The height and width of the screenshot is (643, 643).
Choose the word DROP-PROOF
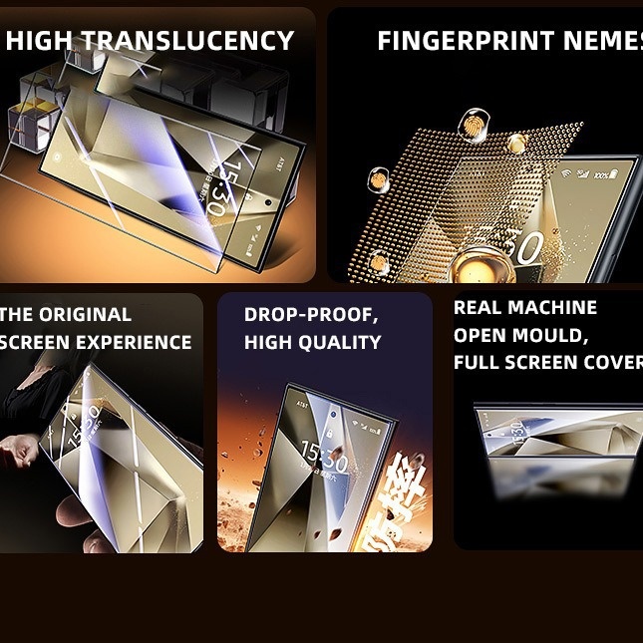click(x=311, y=315)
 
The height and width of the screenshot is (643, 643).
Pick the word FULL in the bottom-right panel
click(x=477, y=363)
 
